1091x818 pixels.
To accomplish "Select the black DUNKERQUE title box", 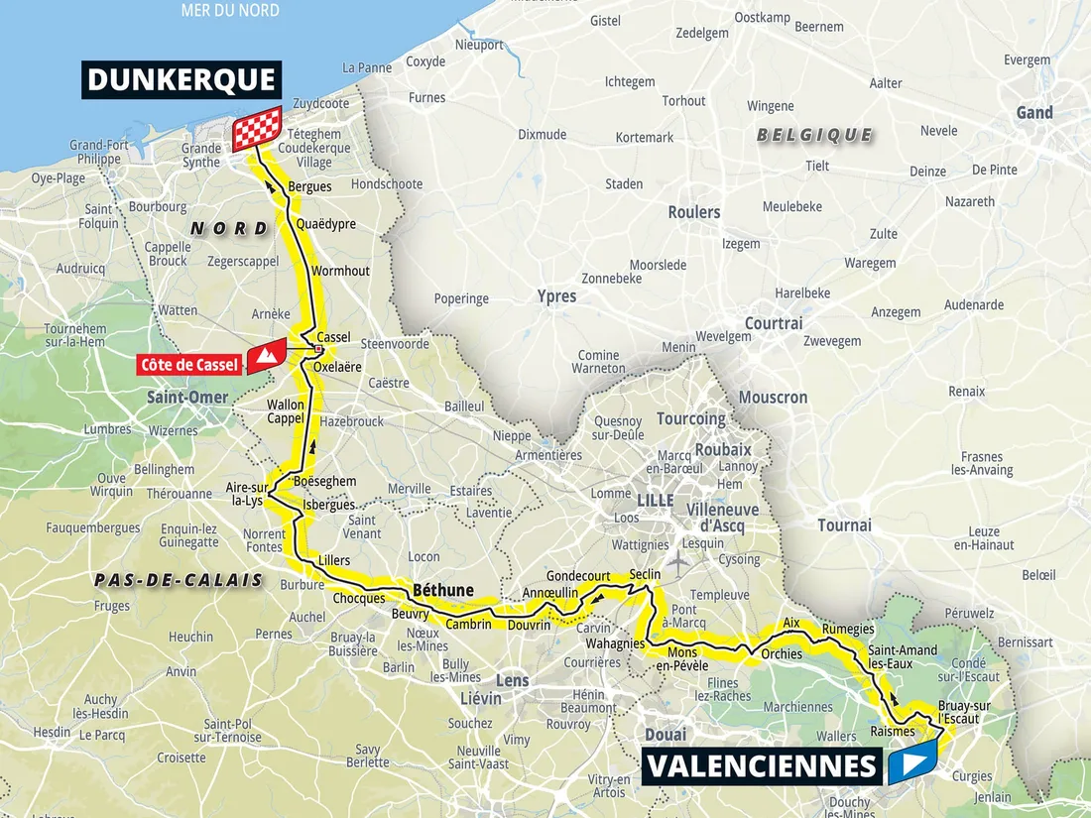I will pos(180,80).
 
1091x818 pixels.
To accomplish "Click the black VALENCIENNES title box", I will pos(762,766).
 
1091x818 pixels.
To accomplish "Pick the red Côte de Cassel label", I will pos(190,365).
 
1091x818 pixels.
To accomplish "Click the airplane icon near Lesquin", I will pos(676,560).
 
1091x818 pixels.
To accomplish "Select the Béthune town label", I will pos(442,590).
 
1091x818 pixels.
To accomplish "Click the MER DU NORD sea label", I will pos(230,11).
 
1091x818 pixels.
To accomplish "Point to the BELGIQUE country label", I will pos(814,135).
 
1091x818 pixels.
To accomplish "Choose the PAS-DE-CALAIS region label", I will pos(179,580).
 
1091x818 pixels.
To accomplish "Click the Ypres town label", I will pos(556,296).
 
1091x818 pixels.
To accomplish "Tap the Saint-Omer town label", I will pos(187,398).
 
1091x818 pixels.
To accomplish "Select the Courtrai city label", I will pos(774,323).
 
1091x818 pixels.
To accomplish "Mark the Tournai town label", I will pos(844,525).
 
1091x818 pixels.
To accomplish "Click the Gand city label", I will pos(1034,113).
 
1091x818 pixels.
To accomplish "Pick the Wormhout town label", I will pos(340,271).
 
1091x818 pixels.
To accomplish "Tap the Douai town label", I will pos(665,735).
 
